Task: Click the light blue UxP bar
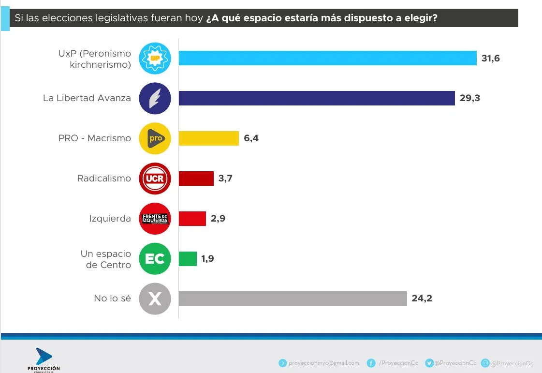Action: pos(328,58)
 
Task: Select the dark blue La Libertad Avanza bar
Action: pos(317,98)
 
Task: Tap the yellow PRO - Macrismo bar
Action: pos(209,138)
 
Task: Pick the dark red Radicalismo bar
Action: pos(196,179)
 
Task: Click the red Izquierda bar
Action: pos(192,219)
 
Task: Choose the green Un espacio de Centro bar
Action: pos(188,259)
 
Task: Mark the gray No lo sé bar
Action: pos(293,298)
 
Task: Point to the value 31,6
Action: pos(490,59)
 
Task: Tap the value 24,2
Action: pos(422,298)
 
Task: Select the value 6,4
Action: pos(251,139)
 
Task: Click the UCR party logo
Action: pos(155,179)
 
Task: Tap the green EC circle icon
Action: pos(155,259)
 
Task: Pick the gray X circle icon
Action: pos(155,299)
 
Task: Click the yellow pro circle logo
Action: pos(155,139)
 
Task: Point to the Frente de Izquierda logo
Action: pos(155,219)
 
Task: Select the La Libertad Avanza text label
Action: pos(87,98)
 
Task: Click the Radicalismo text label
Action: pos(104,179)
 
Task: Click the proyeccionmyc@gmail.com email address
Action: pos(323,363)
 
